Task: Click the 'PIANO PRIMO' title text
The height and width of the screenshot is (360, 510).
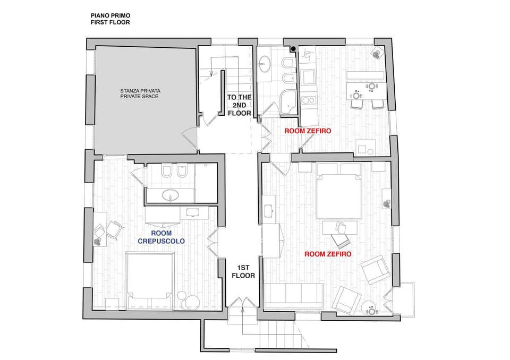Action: point(110,15)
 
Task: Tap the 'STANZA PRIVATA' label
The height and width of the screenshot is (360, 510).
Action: point(140,91)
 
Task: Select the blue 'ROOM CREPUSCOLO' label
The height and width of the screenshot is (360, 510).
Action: point(161,237)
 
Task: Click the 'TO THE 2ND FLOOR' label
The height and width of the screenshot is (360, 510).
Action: point(240,105)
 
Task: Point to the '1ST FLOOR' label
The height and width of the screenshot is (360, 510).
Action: point(243,271)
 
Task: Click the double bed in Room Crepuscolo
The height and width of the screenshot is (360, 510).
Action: point(149,280)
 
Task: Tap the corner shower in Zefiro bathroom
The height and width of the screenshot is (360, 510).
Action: point(288,102)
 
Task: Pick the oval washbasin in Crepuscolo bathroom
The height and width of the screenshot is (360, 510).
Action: point(170,195)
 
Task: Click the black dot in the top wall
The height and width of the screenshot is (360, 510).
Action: point(293,49)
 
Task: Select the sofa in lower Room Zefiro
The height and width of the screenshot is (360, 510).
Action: point(294,296)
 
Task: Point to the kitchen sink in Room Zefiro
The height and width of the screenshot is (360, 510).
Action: point(308,77)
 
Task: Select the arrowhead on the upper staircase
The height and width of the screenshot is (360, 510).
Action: point(211,74)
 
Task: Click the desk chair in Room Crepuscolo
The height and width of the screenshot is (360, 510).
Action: point(115,229)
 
